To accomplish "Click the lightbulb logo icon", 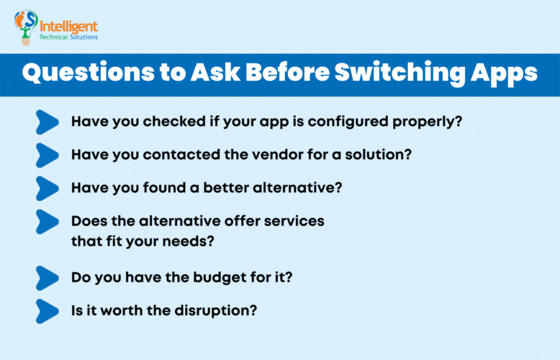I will pos(26,27).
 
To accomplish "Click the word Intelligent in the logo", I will pos(70,21).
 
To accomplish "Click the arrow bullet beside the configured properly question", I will pos(47,122).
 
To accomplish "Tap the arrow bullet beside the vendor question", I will pos(47,155).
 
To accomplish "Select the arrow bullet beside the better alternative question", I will pos(47,188).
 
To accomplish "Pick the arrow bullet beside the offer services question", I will pos(47,222).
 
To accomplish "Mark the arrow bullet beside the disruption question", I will pos(47,311).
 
